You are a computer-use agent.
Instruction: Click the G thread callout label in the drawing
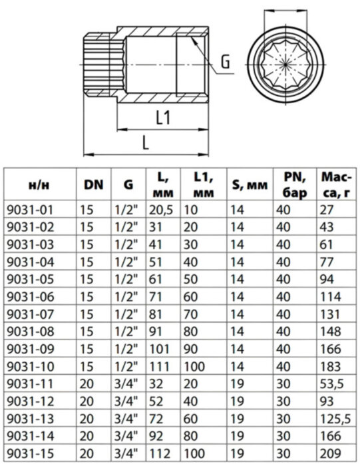226,64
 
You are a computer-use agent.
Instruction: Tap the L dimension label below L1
145,141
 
